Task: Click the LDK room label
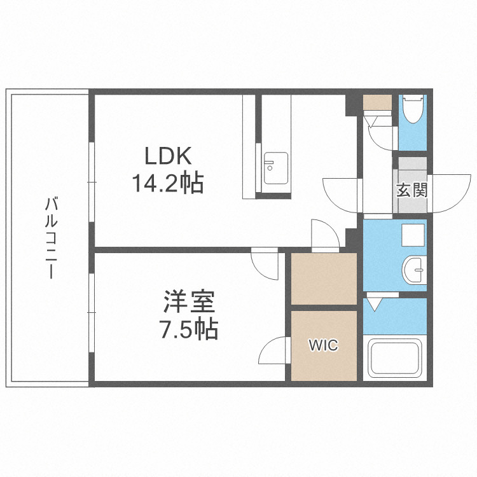point(167,156)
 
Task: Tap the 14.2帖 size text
point(167,184)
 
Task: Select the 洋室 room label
point(189,302)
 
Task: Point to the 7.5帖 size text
point(189,330)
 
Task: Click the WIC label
point(324,345)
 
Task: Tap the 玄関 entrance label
point(411,190)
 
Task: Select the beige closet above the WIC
point(324,279)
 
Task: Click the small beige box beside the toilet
point(378,102)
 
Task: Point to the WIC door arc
point(273,350)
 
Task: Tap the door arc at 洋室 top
point(264,262)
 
